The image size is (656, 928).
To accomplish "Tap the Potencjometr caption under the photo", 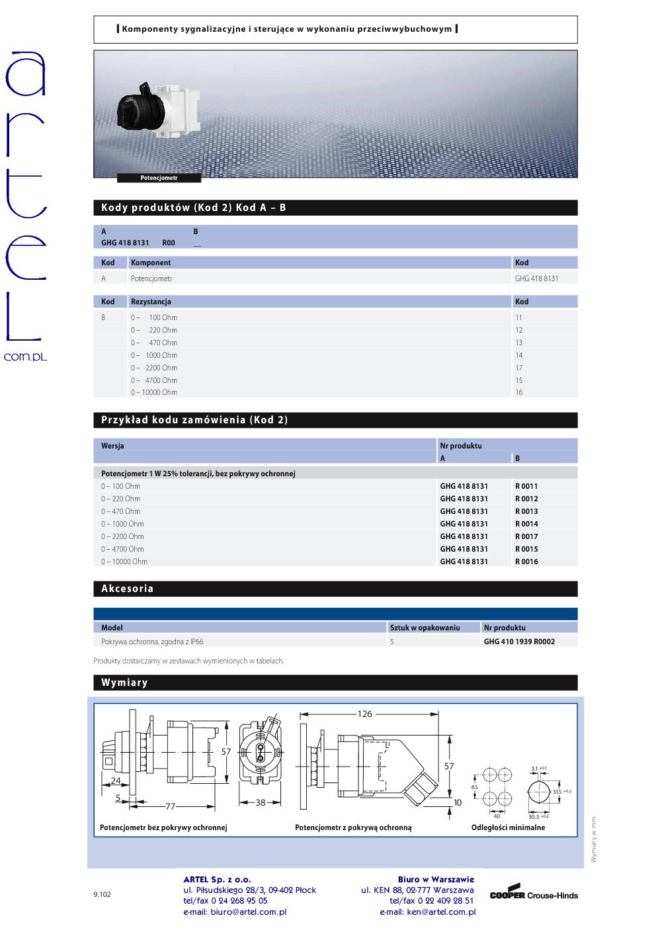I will [159, 178].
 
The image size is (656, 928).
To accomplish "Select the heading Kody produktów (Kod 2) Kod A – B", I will [194, 208].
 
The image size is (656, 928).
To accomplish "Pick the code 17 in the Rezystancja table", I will [519, 368].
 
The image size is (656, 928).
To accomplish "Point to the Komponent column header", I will [151, 263].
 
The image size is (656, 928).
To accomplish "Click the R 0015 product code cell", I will [526, 549].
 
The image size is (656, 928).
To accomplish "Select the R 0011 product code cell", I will [526, 486].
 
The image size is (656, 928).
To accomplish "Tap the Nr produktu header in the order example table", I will [461, 446].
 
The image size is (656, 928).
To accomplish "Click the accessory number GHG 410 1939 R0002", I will [519, 642].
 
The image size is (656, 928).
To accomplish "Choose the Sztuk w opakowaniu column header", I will [425, 628].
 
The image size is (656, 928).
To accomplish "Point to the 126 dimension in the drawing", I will [364, 714].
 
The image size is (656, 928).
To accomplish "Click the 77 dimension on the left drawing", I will [170, 806].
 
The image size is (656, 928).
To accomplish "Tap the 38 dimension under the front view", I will [260, 802].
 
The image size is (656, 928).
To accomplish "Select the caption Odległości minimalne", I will [508, 827].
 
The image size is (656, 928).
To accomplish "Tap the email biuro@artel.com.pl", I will [235, 912].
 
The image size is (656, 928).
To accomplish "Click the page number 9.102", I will [102, 894].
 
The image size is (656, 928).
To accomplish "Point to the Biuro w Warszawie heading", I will [436, 879].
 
